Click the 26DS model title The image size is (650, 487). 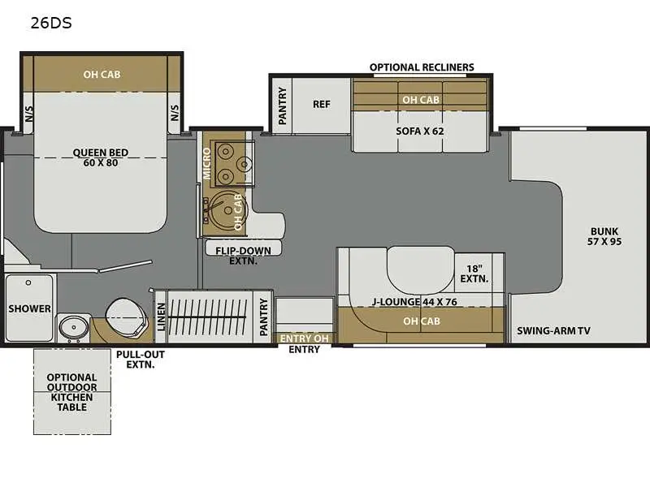[51, 23]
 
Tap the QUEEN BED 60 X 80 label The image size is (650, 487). [101, 157]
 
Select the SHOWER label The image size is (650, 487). [29, 309]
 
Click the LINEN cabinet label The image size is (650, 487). [161, 316]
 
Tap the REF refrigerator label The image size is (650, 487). [321, 104]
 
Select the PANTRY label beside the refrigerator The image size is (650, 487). [282, 105]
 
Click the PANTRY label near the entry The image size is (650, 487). [263, 316]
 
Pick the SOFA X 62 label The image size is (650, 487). [420, 130]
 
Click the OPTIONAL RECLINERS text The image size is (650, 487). [422, 67]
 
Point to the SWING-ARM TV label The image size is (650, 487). [552, 330]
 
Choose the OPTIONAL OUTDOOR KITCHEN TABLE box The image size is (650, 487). [71, 391]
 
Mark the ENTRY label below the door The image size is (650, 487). [305, 350]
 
